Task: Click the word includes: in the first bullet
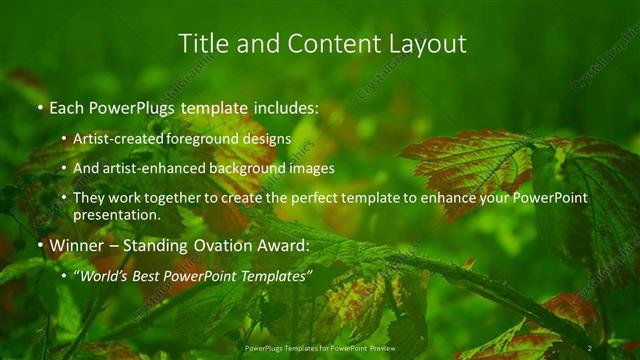click(285, 108)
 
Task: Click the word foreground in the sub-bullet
click(210, 139)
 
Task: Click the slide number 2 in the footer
click(590, 347)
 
